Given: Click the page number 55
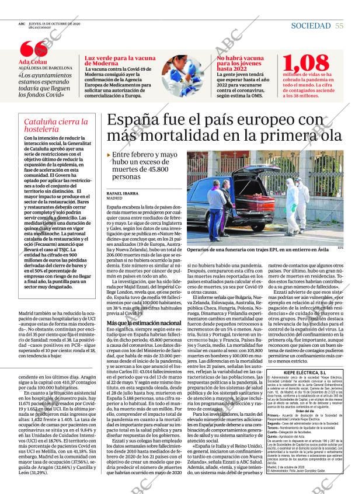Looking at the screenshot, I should (339, 26).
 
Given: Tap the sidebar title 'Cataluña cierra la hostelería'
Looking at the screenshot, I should (55, 126).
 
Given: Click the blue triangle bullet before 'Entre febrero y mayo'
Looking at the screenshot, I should (109, 154).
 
